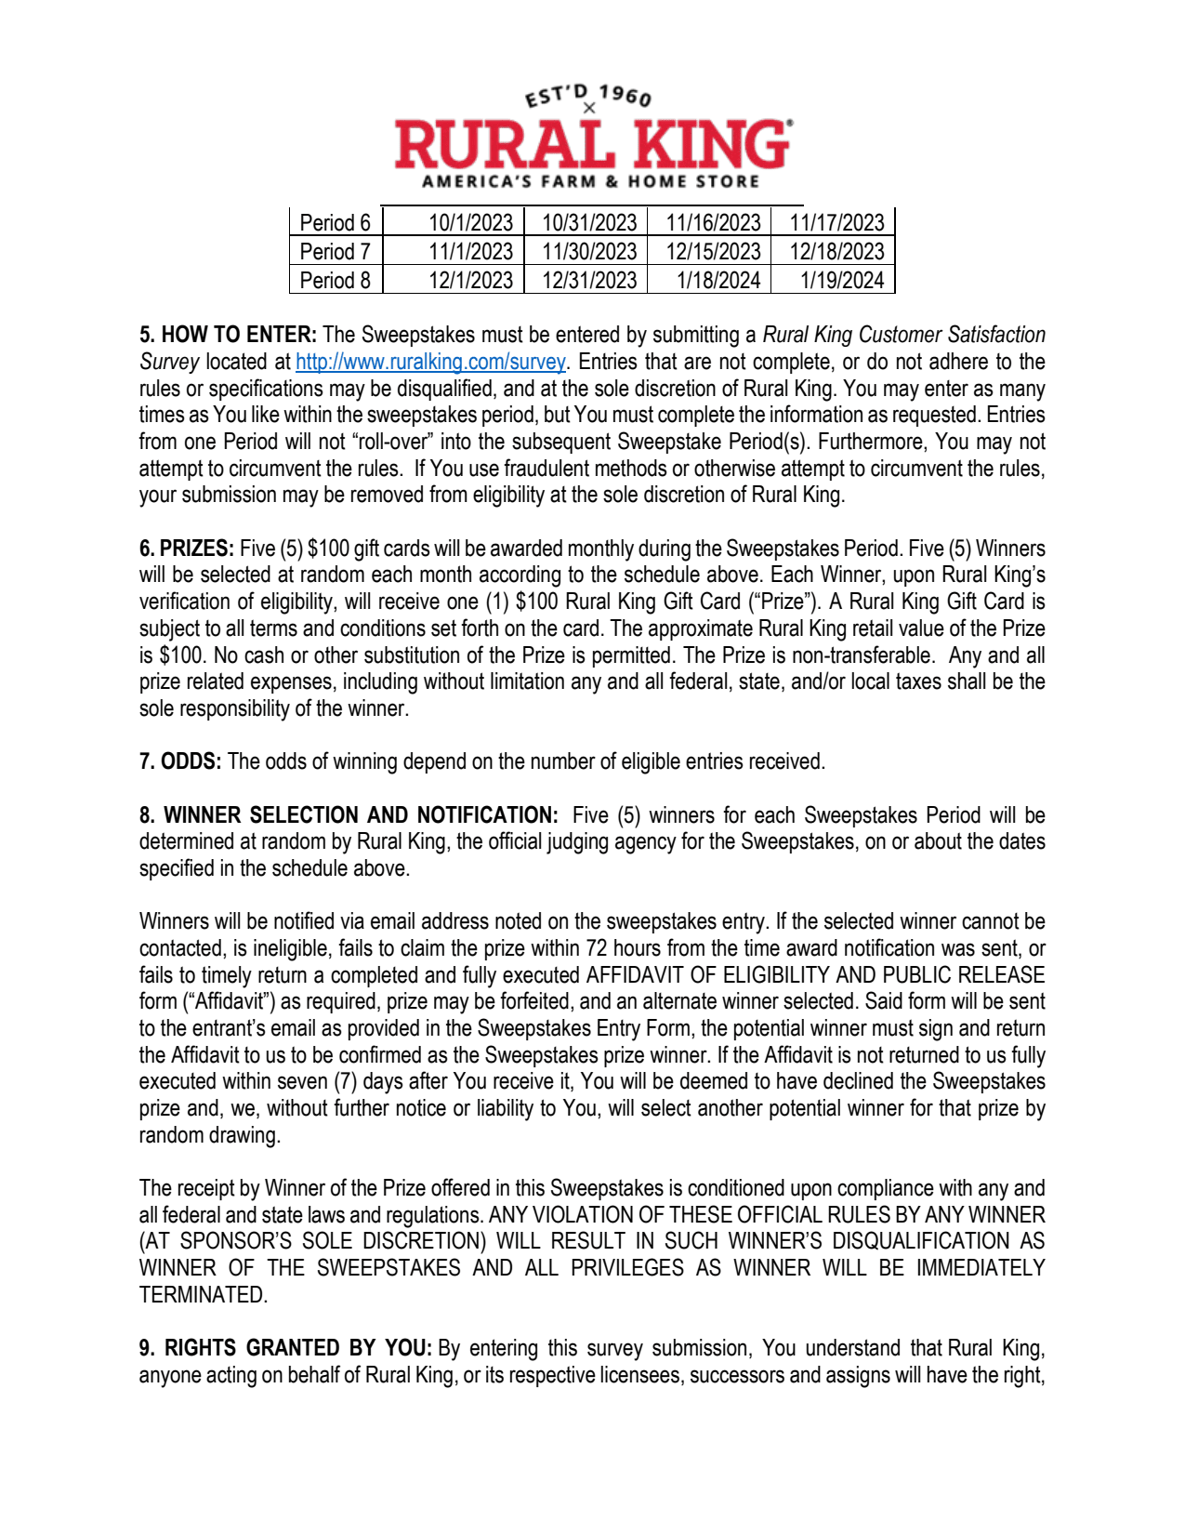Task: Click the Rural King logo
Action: click(592, 145)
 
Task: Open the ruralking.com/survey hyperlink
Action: click(430, 362)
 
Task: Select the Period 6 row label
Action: click(335, 223)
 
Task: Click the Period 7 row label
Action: click(335, 252)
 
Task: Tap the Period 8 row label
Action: click(335, 281)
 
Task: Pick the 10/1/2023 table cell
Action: click(470, 223)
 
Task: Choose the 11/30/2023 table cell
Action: click(589, 252)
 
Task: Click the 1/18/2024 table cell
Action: click(718, 281)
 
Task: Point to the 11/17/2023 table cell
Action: click(836, 223)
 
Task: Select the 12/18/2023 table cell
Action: click(836, 252)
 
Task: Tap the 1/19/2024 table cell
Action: click(842, 281)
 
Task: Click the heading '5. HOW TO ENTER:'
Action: click(228, 335)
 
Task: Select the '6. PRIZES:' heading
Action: click(187, 549)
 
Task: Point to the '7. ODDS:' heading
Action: click(180, 762)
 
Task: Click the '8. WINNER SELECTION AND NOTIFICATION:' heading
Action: click(349, 815)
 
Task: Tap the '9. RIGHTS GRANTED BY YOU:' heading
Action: click(285, 1348)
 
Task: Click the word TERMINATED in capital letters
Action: click(202, 1295)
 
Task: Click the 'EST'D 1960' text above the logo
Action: click(588, 95)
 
